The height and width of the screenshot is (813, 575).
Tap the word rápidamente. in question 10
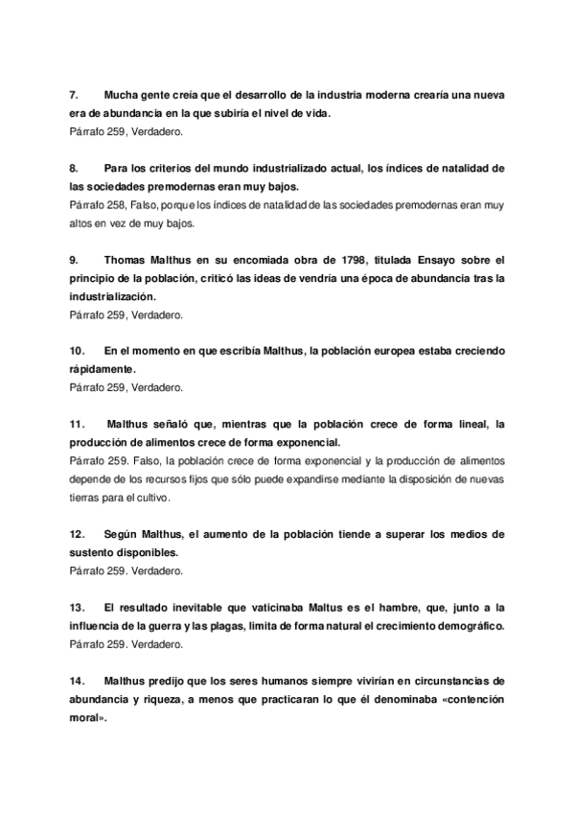104,369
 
